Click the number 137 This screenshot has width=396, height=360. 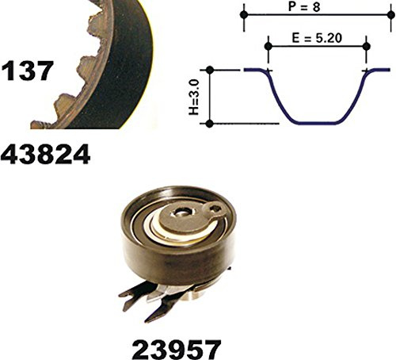pos(27,71)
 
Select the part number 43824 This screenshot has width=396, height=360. pos(45,155)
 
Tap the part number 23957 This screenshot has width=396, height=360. pos(176,349)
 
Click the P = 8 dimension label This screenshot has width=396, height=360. pos(304,6)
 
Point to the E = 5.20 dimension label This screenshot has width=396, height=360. pos(317,38)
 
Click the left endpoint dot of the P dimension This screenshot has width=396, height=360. pos(244,15)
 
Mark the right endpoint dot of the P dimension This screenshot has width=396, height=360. pos(391,15)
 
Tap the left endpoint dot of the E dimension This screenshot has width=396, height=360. pos(268,47)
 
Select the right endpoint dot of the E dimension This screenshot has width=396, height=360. pos(366,47)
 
